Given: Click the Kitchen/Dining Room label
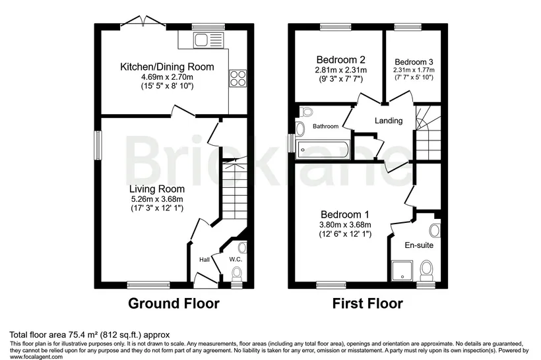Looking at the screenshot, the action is [x=167, y=67].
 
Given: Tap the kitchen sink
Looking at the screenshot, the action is [x=208, y=40].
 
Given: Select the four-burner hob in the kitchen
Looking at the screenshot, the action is [x=238, y=78].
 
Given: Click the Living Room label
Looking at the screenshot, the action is [x=157, y=189].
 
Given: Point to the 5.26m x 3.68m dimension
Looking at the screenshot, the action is [x=157, y=199].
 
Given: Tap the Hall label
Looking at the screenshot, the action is [x=205, y=260].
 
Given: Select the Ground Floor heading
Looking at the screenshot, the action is [x=174, y=303].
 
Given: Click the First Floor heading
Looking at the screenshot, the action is [x=367, y=303].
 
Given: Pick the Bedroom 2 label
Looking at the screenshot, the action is [x=341, y=59].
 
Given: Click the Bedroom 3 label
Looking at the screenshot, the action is [x=414, y=62].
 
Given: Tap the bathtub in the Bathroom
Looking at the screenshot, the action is [x=323, y=149].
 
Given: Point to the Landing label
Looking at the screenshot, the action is [x=389, y=121].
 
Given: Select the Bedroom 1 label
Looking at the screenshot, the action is [x=344, y=214].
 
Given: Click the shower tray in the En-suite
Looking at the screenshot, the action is [x=402, y=271].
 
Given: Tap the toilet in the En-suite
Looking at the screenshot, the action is [x=426, y=272].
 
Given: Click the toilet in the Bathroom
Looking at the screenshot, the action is [x=306, y=112].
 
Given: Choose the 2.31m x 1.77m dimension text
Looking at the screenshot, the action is [x=414, y=70].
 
